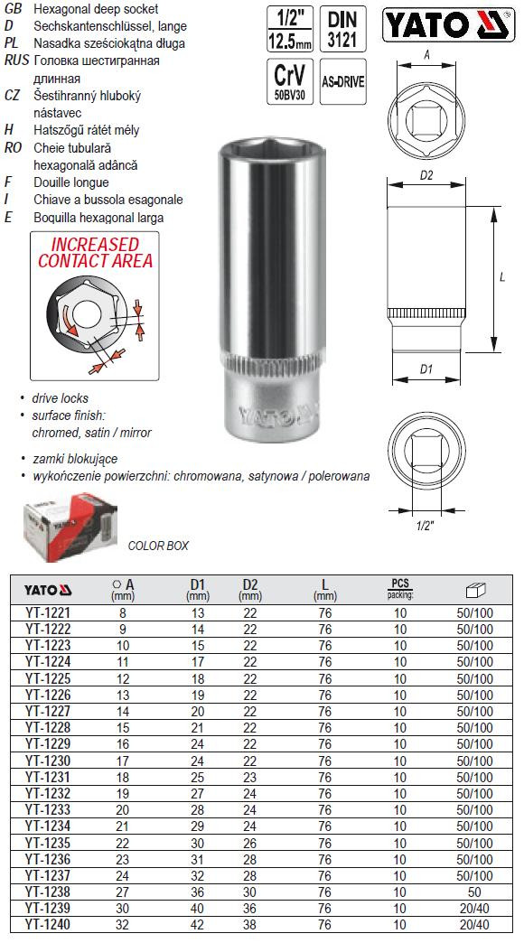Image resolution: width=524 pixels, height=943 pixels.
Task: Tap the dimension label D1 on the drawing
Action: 427,369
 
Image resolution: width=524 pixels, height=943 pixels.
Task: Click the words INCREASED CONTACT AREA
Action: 95,253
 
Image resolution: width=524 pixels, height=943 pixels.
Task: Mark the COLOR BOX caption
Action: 158,546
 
